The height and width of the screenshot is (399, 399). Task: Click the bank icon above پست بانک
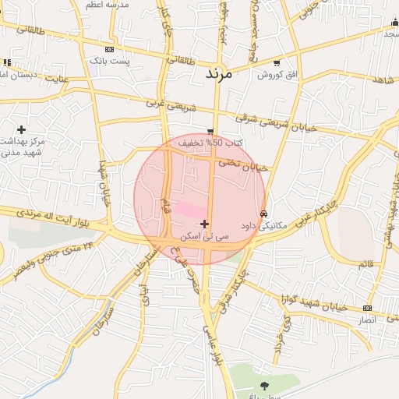point(108,48)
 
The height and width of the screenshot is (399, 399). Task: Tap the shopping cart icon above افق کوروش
point(277,63)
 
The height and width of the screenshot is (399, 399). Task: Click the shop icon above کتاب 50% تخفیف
point(210,131)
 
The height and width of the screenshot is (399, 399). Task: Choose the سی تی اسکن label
point(204,235)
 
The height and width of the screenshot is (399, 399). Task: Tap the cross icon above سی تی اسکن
point(204,224)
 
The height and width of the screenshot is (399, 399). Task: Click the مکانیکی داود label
point(263,225)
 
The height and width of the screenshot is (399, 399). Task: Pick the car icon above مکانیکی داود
point(264,214)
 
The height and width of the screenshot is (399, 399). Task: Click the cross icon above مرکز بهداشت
point(21,129)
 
